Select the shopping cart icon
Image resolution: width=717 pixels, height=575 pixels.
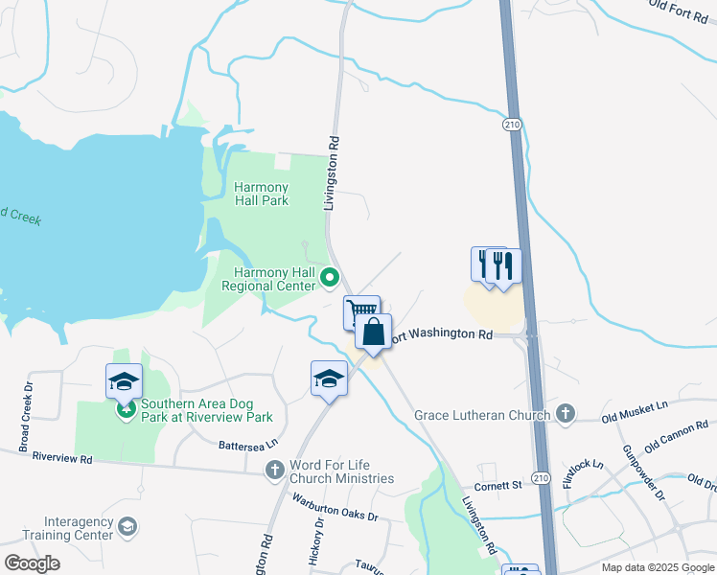(361, 311)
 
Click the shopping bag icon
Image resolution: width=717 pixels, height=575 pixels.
(373, 333)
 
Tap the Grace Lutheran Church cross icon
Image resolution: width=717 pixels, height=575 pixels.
(566, 415)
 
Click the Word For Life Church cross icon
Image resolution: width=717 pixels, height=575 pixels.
(275, 470)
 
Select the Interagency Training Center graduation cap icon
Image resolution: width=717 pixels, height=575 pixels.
(127, 527)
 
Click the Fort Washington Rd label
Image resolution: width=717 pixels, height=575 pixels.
(444, 334)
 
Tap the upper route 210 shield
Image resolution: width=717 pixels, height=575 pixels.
(513, 125)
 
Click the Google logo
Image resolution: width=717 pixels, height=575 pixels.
(32, 563)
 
